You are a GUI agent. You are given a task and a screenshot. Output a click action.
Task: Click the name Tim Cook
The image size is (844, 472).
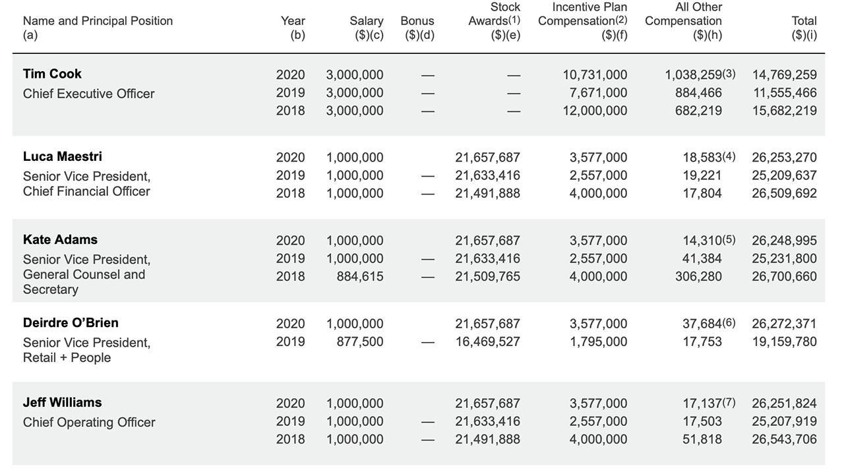(52, 74)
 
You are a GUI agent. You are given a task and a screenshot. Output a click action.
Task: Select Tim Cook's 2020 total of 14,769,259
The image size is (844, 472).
(785, 75)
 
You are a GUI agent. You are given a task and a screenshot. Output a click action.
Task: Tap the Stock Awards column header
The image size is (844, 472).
(495, 20)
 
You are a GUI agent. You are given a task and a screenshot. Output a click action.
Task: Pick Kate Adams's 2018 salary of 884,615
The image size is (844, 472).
(360, 276)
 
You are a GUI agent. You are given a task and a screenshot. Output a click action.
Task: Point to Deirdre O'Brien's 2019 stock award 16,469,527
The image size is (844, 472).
(487, 341)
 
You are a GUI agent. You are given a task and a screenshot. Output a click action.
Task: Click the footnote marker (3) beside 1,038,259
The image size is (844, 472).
(729, 74)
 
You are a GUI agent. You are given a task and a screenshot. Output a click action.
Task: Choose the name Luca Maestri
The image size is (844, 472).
(62, 157)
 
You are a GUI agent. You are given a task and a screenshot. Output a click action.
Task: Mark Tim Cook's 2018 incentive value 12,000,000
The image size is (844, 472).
(595, 111)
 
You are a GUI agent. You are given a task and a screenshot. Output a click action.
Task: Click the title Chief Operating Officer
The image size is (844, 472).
(89, 423)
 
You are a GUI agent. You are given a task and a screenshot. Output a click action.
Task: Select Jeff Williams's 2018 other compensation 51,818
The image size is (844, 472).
(702, 439)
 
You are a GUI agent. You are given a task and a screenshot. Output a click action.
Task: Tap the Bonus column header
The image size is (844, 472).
(417, 28)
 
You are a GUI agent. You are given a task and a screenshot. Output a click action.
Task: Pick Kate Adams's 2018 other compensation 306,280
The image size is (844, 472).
(698, 276)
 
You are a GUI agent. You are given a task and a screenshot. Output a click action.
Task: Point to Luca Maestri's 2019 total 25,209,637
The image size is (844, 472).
(785, 175)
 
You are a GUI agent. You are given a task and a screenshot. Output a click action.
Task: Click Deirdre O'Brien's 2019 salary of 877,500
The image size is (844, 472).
(360, 341)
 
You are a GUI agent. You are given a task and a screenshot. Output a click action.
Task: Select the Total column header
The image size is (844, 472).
(804, 28)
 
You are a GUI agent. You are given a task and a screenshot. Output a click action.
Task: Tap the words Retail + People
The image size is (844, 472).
(67, 357)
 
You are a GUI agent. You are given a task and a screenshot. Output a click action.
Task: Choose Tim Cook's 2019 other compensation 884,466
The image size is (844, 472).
(698, 93)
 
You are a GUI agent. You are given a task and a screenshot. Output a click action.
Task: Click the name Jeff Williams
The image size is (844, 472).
(62, 402)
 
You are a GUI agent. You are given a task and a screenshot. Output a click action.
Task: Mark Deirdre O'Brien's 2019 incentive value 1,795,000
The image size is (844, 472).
(598, 341)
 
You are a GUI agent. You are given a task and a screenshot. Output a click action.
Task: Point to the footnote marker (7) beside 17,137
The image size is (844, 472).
(729, 402)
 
